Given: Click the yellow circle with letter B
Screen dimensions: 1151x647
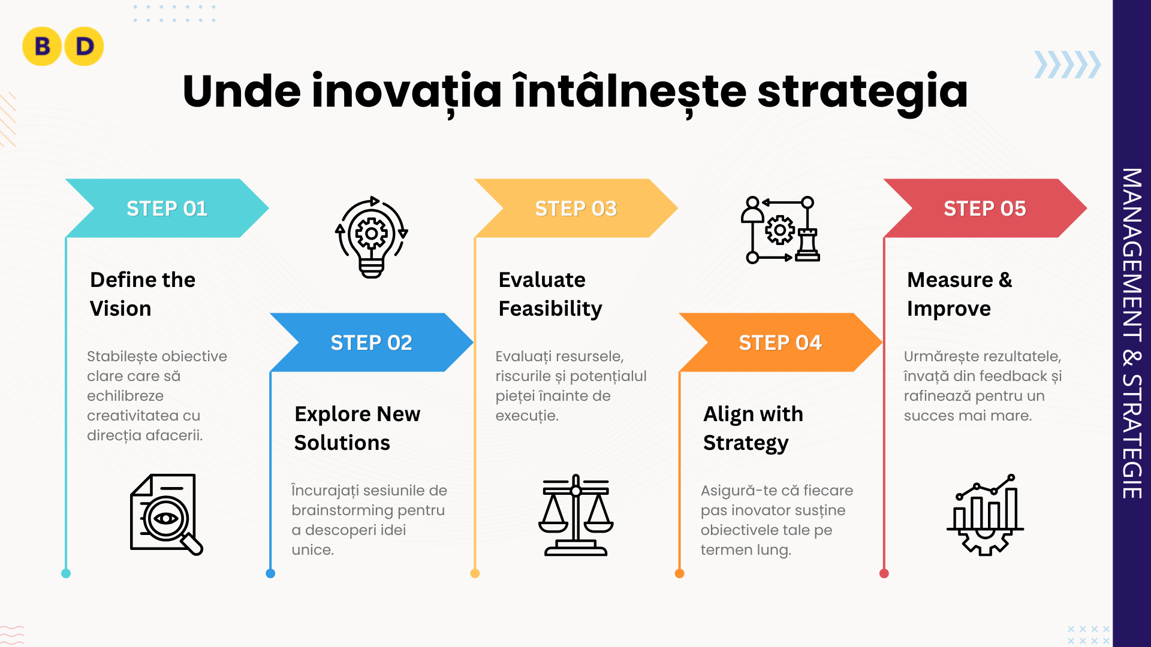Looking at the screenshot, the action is (x=42, y=46).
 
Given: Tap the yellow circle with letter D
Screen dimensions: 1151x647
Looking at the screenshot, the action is (x=84, y=46).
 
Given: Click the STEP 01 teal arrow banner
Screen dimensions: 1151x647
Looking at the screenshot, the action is (x=167, y=208).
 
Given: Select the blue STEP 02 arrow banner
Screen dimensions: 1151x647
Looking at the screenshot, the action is (x=372, y=342).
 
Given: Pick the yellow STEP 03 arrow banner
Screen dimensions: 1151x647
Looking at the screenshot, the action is (x=576, y=208).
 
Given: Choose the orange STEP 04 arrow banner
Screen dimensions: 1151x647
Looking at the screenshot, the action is (x=781, y=342).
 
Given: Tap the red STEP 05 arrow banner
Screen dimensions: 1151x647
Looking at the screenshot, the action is (x=985, y=208).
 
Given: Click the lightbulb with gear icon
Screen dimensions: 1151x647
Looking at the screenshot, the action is (x=372, y=237).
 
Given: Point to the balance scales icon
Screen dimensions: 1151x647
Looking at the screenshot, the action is (x=575, y=515).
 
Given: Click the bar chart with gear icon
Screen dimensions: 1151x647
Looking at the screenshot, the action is (x=985, y=515).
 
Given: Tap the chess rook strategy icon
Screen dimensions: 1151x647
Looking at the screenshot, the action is (x=780, y=229).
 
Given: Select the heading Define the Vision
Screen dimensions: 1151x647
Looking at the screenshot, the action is (x=143, y=294).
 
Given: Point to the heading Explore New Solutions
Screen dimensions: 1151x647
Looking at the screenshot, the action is (x=357, y=428).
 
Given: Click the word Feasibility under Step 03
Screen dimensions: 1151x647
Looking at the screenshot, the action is (x=550, y=309).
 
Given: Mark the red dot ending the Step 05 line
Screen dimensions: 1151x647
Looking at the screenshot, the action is (x=884, y=573).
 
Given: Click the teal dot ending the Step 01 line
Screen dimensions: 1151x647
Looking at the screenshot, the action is (x=66, y=573).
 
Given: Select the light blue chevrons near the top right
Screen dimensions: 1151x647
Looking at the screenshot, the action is (x=1068, y=65).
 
